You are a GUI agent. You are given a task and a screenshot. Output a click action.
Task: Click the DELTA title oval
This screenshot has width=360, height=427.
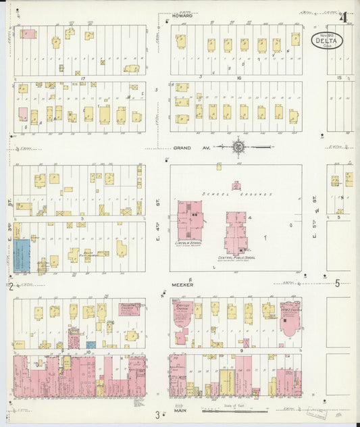pyautogui.click(x=328, y=41)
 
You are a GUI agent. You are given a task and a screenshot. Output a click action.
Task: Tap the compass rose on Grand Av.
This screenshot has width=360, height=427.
pyautogui.click(x=239, y=146)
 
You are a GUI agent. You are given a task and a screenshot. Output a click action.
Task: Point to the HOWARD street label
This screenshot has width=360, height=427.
pyautogui.click(x=182, y=15)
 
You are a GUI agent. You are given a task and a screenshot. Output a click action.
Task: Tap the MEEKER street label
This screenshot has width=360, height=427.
pyautogui.click(x=182, y=284)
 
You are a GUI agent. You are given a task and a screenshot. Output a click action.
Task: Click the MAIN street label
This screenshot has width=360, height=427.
pyautogui.click(x=180, y=409)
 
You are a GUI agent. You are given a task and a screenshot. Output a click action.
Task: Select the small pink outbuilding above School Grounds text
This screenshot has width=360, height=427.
pyautogui.click(x=236, y=184)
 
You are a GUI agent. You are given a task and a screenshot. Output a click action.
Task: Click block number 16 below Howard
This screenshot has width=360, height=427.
pyautogui.click(x=238, y=78)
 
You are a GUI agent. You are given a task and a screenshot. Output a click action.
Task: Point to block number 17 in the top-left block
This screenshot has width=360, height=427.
pyautogui.click(x=82, y=78)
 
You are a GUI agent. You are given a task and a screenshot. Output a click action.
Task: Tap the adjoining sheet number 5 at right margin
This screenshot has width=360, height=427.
pyautogui.click(x=337, y=284)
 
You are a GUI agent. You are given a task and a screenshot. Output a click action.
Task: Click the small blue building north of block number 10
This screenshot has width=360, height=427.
pyautogui.click(x=91, y=345)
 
